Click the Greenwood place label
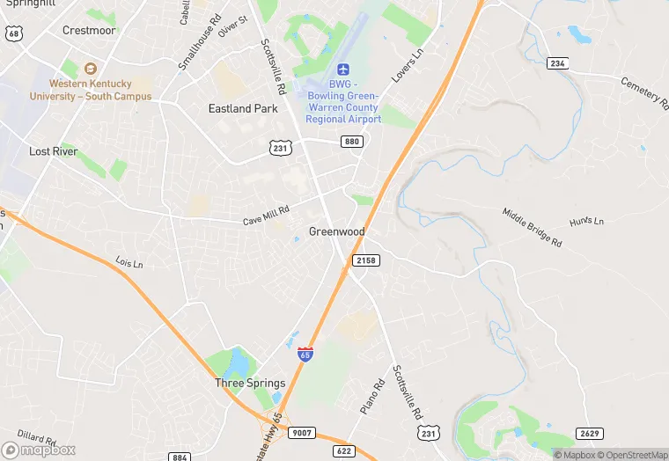pos(336,231)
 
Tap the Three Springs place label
pos(250,384)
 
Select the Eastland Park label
pos(243,109)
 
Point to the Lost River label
pos(54,151)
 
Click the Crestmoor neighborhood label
pos(89,30)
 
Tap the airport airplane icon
pos(343,69)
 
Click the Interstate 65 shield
pos(305,354)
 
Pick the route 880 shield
pos(352,142)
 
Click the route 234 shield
pos(556,63)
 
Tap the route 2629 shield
pos(589,433)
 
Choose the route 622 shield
pos(344,450)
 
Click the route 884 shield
pos(180,457)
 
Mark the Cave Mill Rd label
pos(266,215)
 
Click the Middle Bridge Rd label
pos(532,226)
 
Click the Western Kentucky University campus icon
pos(90,69)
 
